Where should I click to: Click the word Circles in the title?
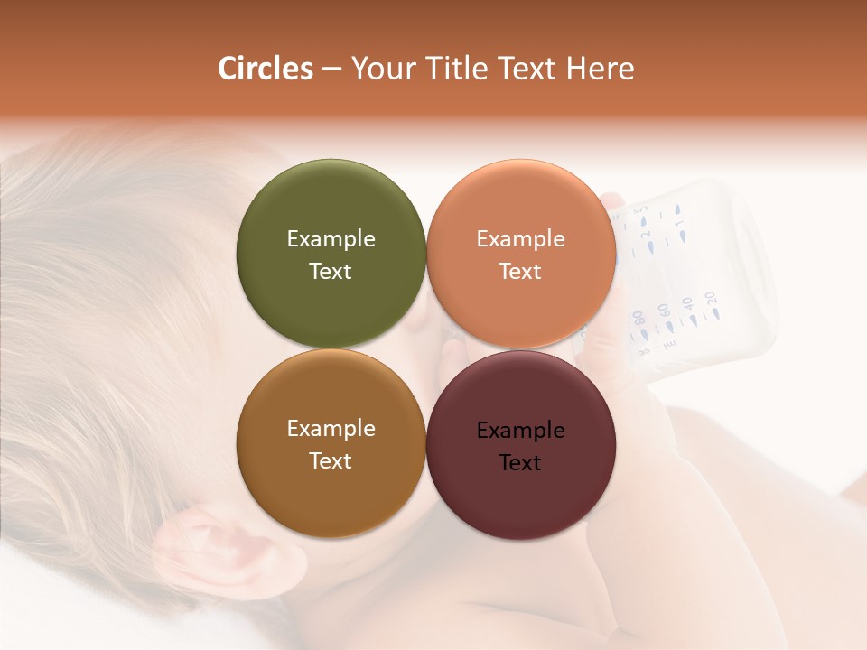point(266,69)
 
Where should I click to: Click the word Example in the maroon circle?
point(521,431)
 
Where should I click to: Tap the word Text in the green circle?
point(331,272)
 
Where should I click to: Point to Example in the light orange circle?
point(521,239)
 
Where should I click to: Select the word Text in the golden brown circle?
point(331,461)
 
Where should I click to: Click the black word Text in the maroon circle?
point(520,463)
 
